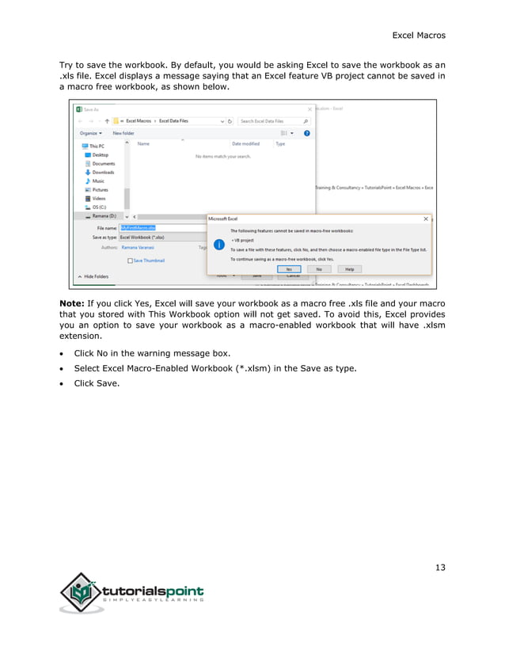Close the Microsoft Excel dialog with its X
pyautogui.click(x=426, y=219)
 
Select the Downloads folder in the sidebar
pyautogui.click(x=103, y=172)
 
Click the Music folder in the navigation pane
pyautogui.click(x=98, y=181)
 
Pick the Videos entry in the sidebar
pyautogui.click(x=99, y=198)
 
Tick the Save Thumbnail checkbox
pyautogui.click(x=130, y=260)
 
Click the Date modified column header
pyautogui.click(x=245, y=143)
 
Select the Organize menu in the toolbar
pyautogui.click(x=90, y=133)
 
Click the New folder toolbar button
pyautogui.click(x=123, y=133)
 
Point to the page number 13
pyautogui.click(x=440, y=566)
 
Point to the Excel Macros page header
pyautogui.click(x=419, y=35)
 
